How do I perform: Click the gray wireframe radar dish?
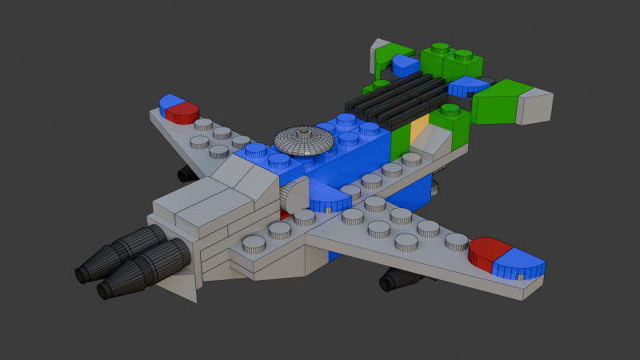[x=304, y=141]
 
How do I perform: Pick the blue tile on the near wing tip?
[x=518, y=262]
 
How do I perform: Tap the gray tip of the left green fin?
[x=375, y=54]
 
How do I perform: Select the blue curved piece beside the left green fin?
[x=406, y=64]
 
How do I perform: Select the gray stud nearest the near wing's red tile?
[x=458, y=241]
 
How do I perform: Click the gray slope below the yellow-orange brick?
[x=436, y=144]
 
